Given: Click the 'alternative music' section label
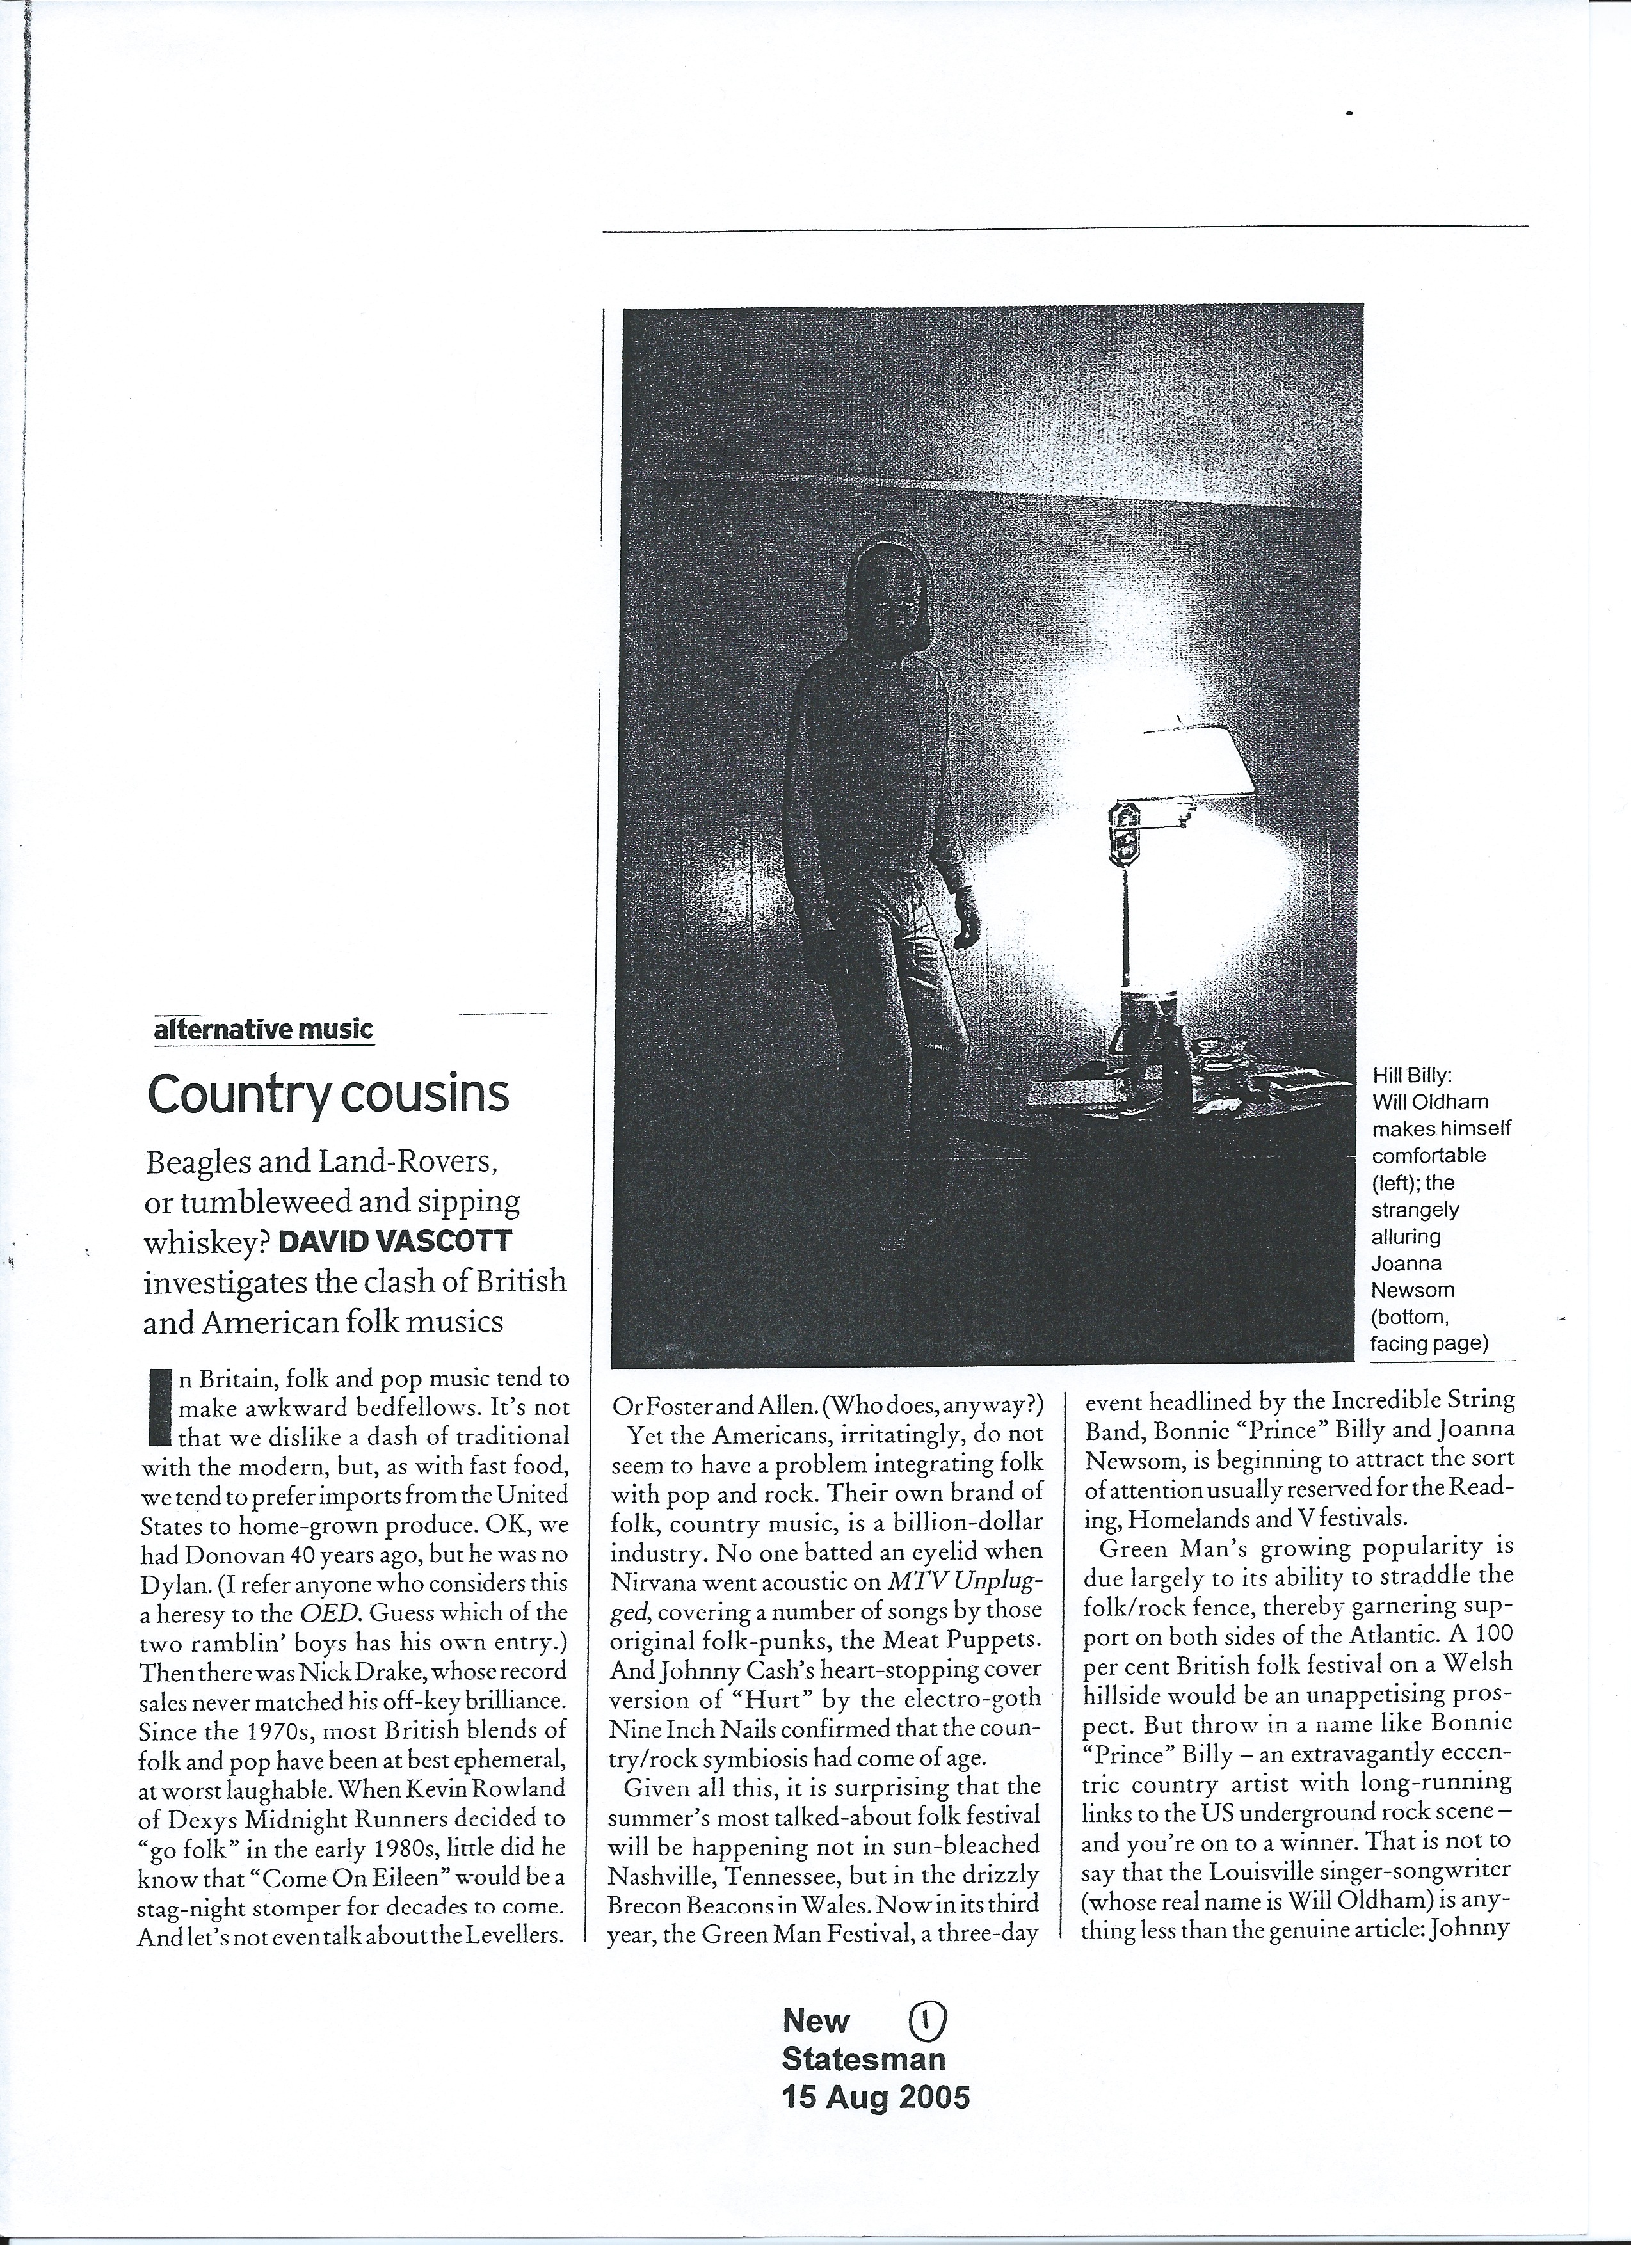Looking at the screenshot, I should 264,1030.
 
